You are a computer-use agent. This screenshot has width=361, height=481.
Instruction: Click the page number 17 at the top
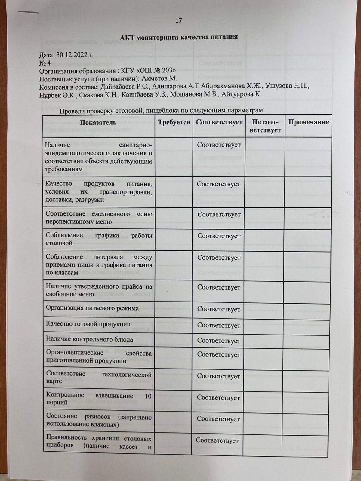click(179, 20)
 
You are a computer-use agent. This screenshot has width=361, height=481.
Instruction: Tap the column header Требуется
click(174, 122)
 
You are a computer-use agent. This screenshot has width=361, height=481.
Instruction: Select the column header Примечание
click(309, 122)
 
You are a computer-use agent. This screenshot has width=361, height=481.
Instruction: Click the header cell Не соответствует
click(265, 126)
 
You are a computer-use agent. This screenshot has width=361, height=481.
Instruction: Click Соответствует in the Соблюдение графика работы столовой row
click(219, 236)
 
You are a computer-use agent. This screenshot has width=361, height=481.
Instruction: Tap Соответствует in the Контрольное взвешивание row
click(218, 397)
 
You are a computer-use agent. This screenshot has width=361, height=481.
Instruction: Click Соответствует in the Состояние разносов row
click(218, 419)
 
